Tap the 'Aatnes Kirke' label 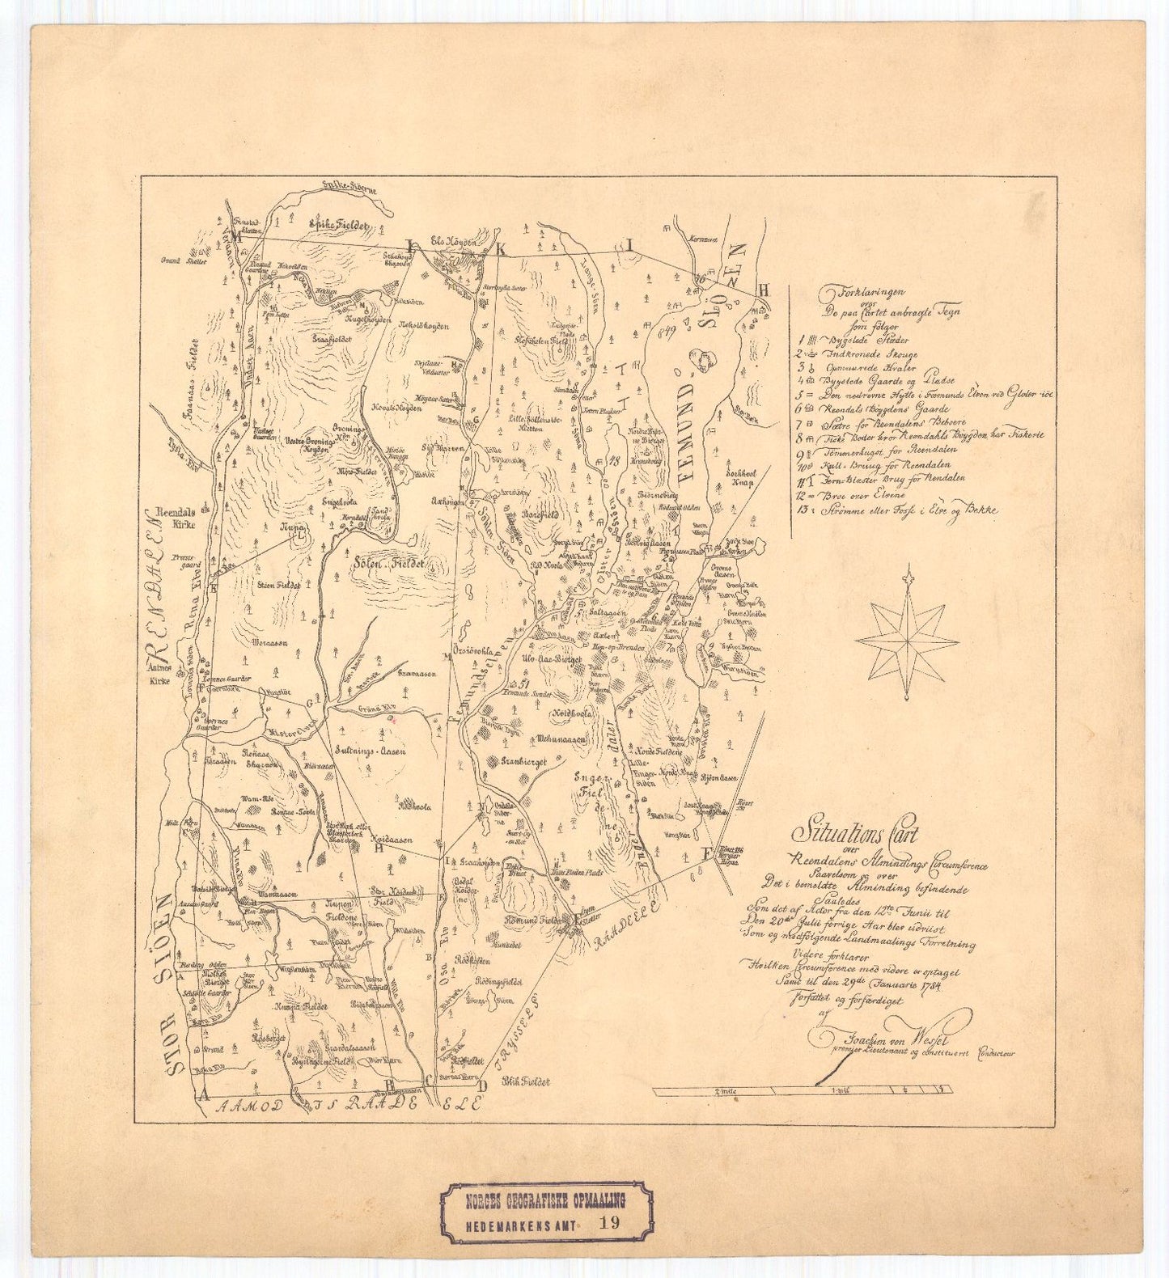tap(163, 675)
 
